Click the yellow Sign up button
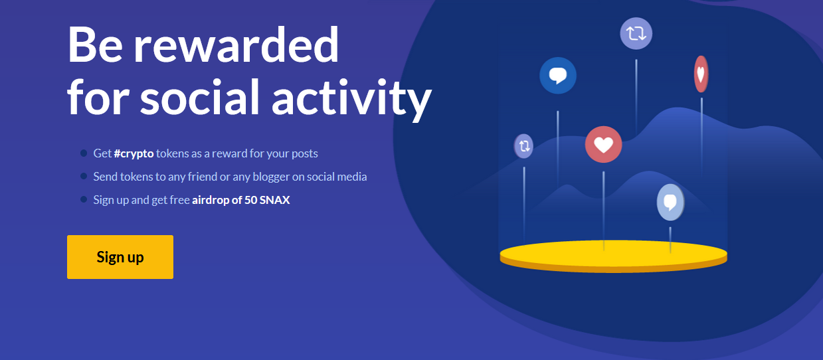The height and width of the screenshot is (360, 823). [120, 257]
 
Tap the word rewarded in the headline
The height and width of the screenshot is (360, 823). [236, 45]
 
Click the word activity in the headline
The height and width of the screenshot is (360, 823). [351, 98]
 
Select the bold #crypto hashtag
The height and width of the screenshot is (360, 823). [134, 153]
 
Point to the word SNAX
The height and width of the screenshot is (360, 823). [274, 200]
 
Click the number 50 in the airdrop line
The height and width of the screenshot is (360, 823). [250, 200]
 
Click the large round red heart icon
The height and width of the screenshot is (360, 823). [603, 144]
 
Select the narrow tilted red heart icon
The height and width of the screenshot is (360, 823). [701, 74]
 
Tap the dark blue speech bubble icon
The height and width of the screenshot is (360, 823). [558, 75]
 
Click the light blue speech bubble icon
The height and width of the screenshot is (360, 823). [670, 203]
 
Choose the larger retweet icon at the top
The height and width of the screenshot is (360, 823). [636, 33]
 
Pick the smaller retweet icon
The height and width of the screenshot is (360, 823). [523, 146]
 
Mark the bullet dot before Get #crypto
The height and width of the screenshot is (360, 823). [84, 153]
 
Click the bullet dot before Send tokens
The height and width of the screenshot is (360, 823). [84, 176]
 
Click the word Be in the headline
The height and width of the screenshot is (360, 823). [95, 45]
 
